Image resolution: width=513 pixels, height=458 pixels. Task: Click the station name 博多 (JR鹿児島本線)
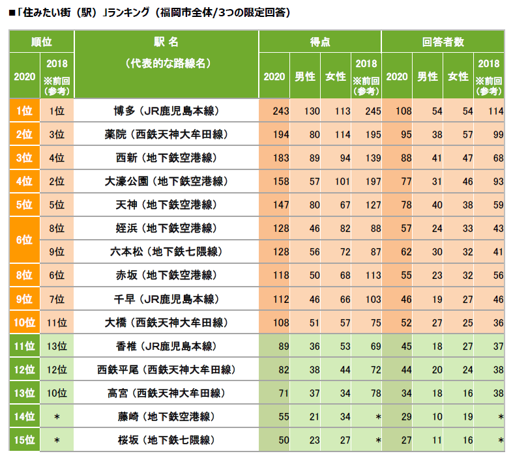166,111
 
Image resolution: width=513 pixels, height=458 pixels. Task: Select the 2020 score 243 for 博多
280,111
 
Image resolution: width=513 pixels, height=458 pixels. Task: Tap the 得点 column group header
319,41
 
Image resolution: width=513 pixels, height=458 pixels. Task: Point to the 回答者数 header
443,41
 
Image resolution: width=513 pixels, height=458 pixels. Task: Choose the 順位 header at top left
42,41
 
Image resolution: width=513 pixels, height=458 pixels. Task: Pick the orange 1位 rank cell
23,111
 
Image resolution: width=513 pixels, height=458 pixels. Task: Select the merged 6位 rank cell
23,240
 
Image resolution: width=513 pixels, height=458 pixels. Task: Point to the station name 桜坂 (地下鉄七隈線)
166,440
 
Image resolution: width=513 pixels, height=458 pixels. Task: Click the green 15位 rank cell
23,440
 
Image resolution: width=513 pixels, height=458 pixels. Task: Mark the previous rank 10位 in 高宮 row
57,393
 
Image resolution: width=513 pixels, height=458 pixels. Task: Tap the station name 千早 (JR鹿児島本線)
166,299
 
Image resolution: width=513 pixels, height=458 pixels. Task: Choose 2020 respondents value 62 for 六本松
405,251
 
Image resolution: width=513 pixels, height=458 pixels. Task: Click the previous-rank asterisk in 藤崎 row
57,416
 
